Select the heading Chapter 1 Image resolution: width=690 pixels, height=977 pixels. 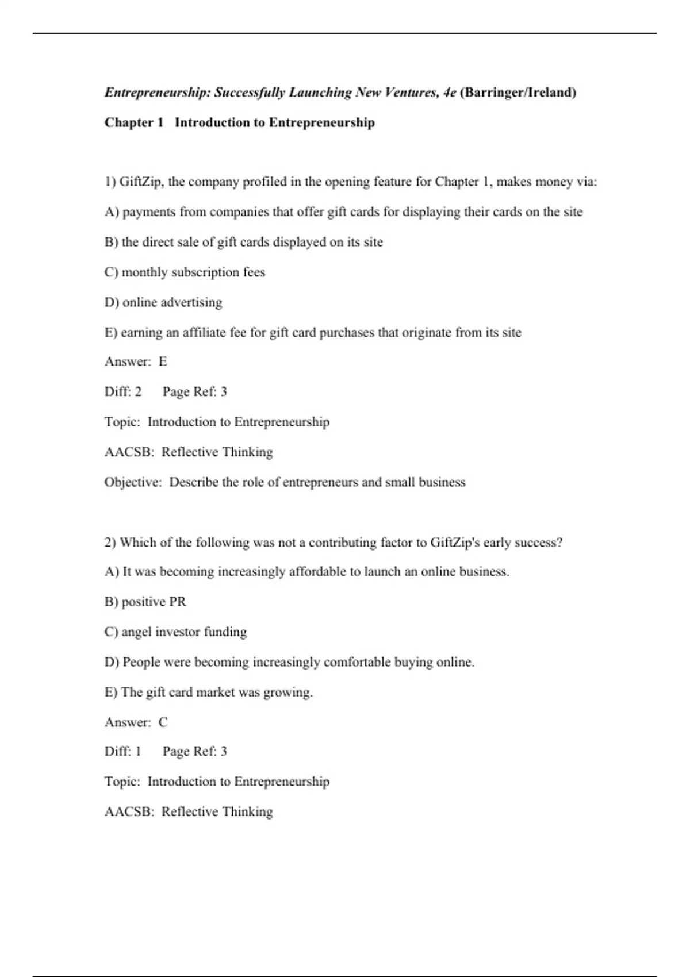[x=134, y=122]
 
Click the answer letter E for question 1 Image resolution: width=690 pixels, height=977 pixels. [x=163, y=361]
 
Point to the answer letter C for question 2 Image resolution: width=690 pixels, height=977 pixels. [x=163, y=722]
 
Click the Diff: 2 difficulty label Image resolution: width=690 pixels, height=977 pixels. [x=123, y=391]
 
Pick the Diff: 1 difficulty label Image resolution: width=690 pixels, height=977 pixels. [x=123, y=751]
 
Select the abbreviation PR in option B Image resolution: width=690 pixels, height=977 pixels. [x=178, y=602]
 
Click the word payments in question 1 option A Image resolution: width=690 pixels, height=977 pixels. [x=149, y=212]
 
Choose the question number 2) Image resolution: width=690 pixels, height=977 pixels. [x=110, y=542]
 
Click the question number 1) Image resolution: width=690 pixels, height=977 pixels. [x=110, y=182]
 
